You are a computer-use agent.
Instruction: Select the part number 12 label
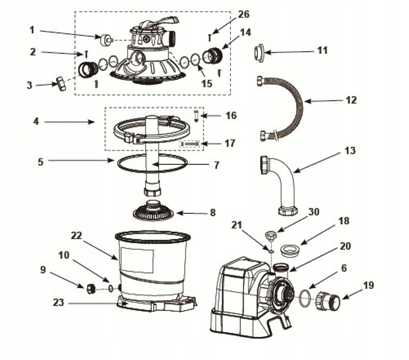pyautogui.click(x=351, y=100)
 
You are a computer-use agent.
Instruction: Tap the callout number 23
pyautogui.click(x=59, y=303)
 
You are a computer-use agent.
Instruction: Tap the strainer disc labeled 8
pyautogui.click(x=153, y=210)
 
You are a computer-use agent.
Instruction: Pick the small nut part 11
pyautogui.click(x=259, y=52)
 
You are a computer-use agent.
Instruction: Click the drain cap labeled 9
pyautogui.click(x=91, y=288)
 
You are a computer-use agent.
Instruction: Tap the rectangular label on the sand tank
pyautogui.click(x=137, y=260)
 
